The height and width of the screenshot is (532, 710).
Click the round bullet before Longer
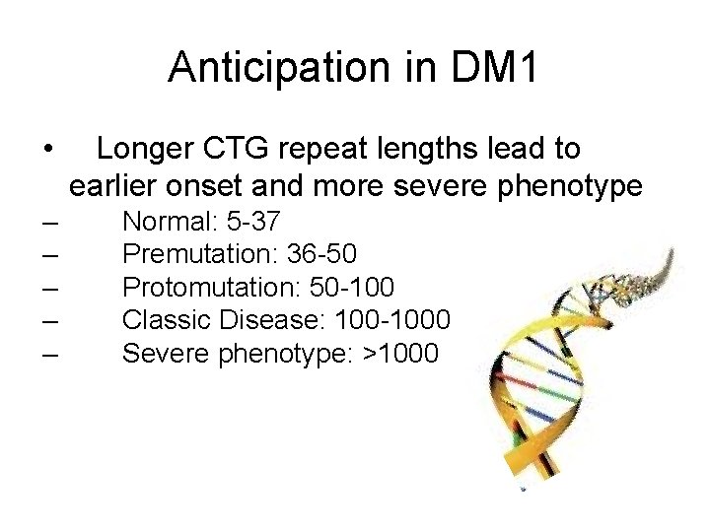coord(48,151)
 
